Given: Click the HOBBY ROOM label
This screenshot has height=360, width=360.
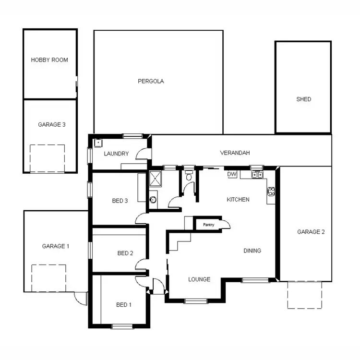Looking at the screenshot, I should coord(49,60).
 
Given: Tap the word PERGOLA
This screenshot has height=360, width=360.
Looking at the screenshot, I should coord(151,81).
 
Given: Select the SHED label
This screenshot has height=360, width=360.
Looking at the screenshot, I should coord(303,99).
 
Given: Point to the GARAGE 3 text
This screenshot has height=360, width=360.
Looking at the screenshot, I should coord(51,124).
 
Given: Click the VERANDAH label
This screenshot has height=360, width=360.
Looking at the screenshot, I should coord(235,153).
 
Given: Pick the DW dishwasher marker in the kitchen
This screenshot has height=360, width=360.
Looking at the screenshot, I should coord(232,174).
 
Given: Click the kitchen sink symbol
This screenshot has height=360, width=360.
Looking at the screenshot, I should coord(257,175).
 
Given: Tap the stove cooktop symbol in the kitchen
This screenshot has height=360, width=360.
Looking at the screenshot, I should coord(271,192).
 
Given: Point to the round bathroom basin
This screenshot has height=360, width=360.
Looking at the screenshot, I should coord(154,200).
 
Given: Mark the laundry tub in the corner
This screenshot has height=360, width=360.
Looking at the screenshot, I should coord(98,143).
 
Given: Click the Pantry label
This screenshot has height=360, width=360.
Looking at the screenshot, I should coord(208,224).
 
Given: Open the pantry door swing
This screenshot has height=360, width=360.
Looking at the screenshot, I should coord(226,224).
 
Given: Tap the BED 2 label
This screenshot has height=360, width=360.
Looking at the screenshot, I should coord(125,253).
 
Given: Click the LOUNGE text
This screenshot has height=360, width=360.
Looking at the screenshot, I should coord(199,279).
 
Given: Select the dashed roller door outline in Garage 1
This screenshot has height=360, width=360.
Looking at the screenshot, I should coord(48,277).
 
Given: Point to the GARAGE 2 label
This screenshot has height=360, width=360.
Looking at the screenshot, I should coord(311,232).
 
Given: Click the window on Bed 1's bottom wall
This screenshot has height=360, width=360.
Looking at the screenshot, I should coord(122,326).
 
